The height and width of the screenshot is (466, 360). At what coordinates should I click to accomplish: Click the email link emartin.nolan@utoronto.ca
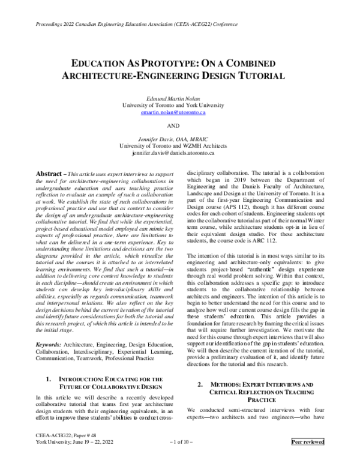tap(181, 112)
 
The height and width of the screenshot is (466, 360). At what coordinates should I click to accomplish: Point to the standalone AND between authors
tap(181, 127)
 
